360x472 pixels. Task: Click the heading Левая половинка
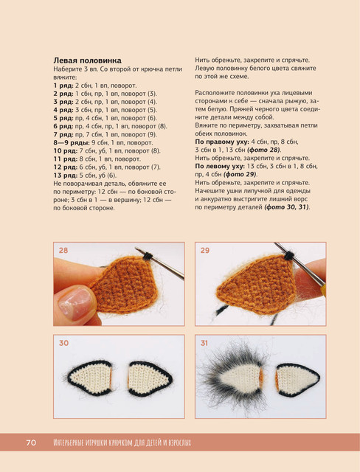coord(87,60)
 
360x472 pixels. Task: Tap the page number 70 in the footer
coord(31,442)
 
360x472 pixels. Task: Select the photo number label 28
coord(63,251)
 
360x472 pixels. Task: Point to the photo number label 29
coord(204,251)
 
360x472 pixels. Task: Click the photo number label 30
coord(63,343)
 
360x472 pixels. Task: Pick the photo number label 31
coord(204,343)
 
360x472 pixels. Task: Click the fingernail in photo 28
coord(75,302)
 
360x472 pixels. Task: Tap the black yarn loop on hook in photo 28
coord(148,256)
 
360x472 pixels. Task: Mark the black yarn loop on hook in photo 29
coord(289,256)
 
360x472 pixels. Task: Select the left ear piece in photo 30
coord(90,378)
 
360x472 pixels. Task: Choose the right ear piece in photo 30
coord(150,378)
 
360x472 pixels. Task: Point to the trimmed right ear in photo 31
coord(298,380)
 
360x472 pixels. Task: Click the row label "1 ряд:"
coord(63,86)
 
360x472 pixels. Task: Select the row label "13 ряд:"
coord(66,176)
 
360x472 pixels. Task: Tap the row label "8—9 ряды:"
coord(72,142)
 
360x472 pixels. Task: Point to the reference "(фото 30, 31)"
coord(287,207)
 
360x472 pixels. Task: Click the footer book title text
coord(122,442)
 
